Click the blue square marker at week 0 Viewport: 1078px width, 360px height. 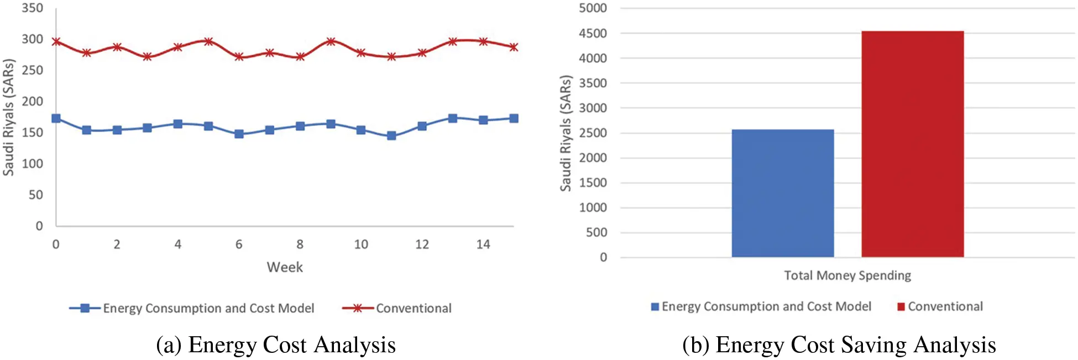coord(56,118)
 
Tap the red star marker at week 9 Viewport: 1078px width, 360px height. coord(331,41)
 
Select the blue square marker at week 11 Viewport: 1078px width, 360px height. coord(391,135)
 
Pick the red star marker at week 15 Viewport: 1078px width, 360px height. coord(514,48)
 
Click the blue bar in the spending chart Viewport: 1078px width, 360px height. coord(782,194)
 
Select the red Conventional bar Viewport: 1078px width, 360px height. coord(912,144)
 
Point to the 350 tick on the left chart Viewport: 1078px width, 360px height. coord(32,8)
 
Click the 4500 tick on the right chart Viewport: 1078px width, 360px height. coord(593,34)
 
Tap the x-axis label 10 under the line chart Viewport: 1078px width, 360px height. coord(361,244)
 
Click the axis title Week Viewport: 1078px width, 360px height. coord(285,268)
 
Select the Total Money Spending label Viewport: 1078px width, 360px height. coord(847,275)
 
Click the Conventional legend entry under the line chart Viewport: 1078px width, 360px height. coord(413,309)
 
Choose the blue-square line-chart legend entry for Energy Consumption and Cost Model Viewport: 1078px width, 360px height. coord(208,309)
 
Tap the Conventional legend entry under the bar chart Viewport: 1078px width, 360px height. coord(945,307)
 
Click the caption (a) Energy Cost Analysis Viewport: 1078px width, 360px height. coord(275,345)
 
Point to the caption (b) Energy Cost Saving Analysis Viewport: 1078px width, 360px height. coord(839,345)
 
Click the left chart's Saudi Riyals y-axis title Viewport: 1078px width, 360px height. coord(8,117)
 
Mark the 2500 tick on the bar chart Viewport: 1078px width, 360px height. coord(593,133)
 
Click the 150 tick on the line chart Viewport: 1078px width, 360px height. coord(32,133)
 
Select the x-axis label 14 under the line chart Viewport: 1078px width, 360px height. coord(483,244)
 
